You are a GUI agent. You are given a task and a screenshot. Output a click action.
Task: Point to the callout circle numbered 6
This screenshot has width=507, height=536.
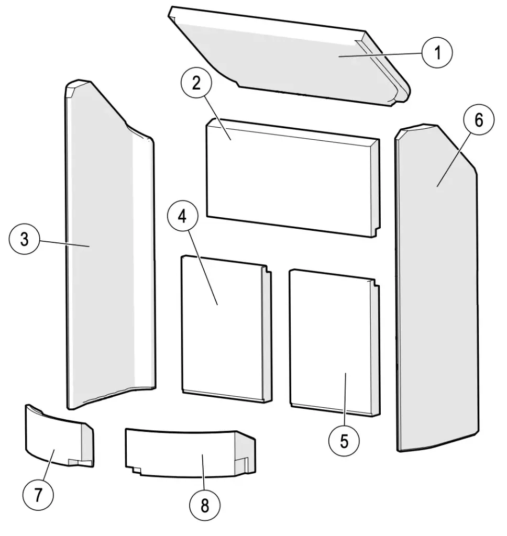[x=478, y=120]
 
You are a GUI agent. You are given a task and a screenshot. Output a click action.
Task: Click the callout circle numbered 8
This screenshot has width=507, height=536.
[x=204, y=505]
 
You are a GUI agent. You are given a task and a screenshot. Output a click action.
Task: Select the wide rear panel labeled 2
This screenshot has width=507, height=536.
[x=291, y=178]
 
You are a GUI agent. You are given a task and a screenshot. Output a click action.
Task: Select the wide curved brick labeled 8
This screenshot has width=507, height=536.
[x=183, y=450]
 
